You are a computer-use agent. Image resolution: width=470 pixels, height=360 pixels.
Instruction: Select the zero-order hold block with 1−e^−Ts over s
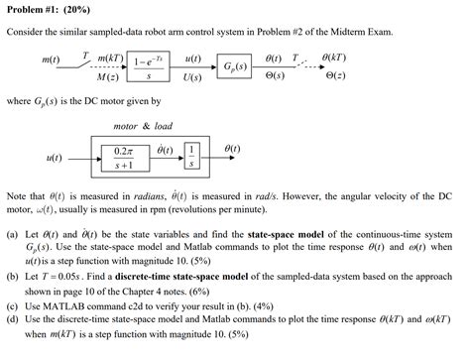(148, 67)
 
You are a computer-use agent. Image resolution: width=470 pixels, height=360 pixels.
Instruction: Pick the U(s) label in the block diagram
(193, 76)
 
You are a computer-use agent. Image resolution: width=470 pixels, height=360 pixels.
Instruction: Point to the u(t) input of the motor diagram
(56, 157)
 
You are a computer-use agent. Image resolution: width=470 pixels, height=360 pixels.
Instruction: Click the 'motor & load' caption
(143, 127)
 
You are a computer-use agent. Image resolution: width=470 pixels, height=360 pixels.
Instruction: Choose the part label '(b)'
(12, 281)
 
